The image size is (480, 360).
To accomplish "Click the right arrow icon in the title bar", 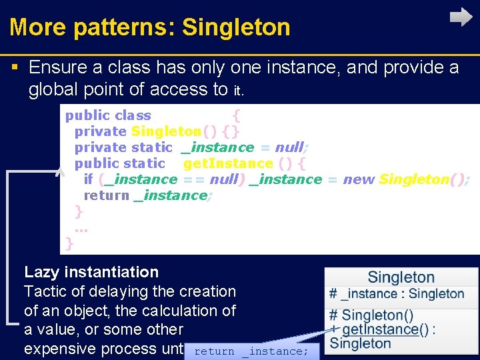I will click(x=461, y=17).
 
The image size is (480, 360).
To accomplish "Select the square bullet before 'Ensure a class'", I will click(x=15, y=67).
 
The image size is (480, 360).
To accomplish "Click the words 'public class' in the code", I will click(x=108, y=115).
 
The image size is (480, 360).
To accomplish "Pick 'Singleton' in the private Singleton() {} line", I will click(x=166, y=131).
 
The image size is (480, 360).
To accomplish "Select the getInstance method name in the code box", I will click(x=228, y=163).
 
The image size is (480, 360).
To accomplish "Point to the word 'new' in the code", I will click(x=359, y=179).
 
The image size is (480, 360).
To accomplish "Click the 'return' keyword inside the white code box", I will click(x=106, y=195).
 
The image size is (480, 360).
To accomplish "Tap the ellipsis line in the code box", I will click(x=81, y=229).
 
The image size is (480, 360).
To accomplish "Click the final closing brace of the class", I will click(x=69, y=244).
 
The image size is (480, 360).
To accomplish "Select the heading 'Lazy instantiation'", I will click(x=91, y=272).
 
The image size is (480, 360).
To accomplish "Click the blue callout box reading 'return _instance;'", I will click(x=251, y=351).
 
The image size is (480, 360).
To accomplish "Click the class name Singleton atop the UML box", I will click(x=401, y=277).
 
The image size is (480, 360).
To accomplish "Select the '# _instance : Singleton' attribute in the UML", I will click(x=396, y=294).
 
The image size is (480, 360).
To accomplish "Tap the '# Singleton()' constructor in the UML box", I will click(x=371, y=315).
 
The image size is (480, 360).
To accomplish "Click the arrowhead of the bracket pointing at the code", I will click(x=59, y=171).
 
